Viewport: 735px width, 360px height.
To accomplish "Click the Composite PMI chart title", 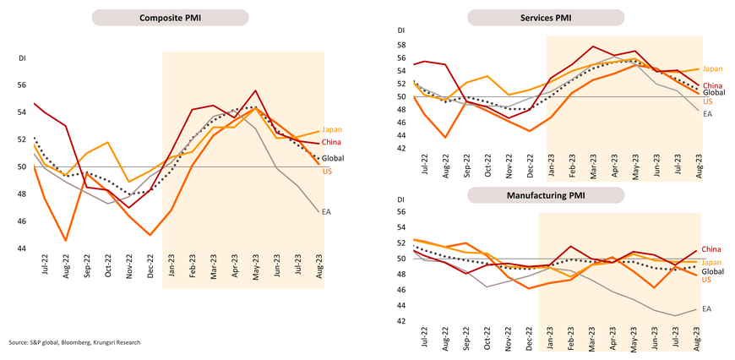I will point(169,18).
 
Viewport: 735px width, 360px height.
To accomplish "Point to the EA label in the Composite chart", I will point(327,211).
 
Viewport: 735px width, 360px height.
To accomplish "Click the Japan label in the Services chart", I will point(712,68).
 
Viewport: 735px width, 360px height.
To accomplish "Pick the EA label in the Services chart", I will point(708,113).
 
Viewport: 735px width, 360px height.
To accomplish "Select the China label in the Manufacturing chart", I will point(712,249).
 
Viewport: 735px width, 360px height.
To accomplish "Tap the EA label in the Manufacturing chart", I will point(708,310).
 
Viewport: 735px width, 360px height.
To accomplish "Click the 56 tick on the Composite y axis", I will point(23,85).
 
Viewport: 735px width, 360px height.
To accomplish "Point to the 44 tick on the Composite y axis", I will point(23,248).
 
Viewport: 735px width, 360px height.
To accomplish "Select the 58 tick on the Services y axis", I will point(402,45).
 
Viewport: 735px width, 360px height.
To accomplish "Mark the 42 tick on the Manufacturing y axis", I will point(402,321).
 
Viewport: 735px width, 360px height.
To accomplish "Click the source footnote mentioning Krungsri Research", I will point(74,342).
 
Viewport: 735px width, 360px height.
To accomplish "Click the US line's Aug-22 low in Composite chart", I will point(66,241).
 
